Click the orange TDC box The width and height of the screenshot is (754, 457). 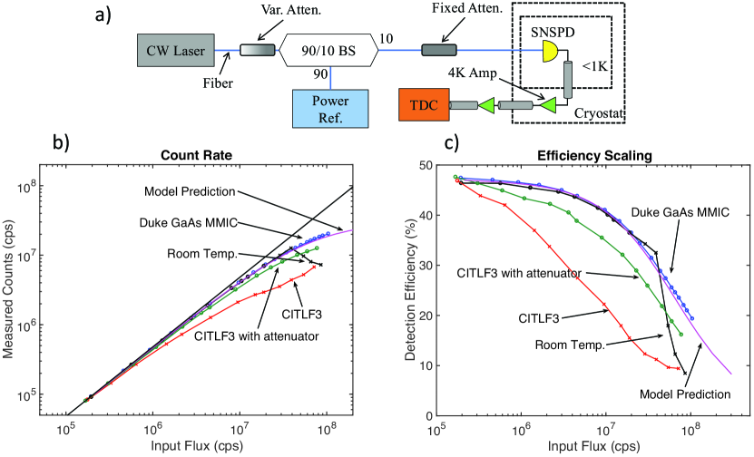[423, 107]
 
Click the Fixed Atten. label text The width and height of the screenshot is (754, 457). [469, 13]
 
